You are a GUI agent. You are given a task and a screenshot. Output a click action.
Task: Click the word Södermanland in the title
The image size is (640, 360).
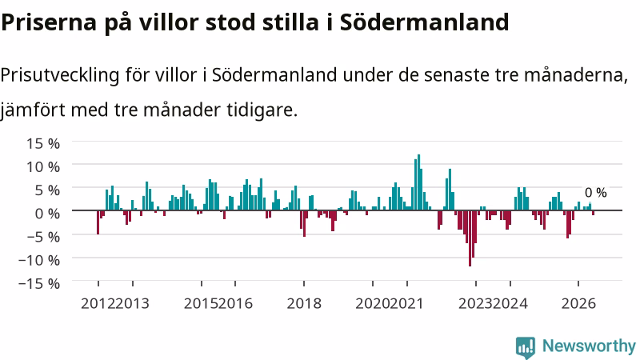click(x=425, y=22)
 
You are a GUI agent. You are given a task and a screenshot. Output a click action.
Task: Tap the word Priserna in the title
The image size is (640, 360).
click(x=49, y=23)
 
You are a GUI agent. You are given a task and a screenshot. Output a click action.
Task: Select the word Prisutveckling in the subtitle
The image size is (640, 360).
click(x=60, y=75)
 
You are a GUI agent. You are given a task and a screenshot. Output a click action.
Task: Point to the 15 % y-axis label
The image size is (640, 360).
click(x=43, y=143)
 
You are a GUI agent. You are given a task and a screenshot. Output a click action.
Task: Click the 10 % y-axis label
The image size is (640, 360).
click(x=43, y=166)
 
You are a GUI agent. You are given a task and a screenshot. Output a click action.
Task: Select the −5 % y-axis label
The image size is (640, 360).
click(x=39, y=236)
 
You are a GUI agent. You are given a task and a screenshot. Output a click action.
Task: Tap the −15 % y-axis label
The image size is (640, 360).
click(x=39, y=283)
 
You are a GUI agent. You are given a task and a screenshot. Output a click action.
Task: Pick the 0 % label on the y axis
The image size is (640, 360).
click(x=47, y=213)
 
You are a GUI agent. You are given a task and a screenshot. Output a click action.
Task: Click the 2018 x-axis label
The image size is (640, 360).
click(x=304, y=304)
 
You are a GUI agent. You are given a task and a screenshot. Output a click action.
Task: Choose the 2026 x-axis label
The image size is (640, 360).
click(x=578, y=304)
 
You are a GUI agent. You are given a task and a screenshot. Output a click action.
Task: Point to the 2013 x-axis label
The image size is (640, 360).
click(x=132, y=304)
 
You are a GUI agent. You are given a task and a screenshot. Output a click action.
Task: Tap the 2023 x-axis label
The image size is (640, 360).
click(x=476, y=304)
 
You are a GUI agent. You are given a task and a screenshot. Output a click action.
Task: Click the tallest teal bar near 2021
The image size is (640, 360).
click(x=418, y=182)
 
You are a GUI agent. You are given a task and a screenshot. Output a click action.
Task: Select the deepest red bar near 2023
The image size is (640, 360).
click(x=470, y=238)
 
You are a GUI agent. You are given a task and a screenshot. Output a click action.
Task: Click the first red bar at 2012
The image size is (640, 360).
click(x=98, y=222)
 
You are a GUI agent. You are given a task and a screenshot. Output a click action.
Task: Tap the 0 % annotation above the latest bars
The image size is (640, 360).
click(x=595, y=193)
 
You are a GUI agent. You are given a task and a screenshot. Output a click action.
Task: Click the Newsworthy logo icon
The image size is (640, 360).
click(x=526, y=347)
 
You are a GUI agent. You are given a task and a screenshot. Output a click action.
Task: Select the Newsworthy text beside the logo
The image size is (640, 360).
click(x=589, y=346)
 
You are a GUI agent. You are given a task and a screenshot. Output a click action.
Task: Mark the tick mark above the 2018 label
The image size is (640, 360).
click(x=304, y=283)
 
